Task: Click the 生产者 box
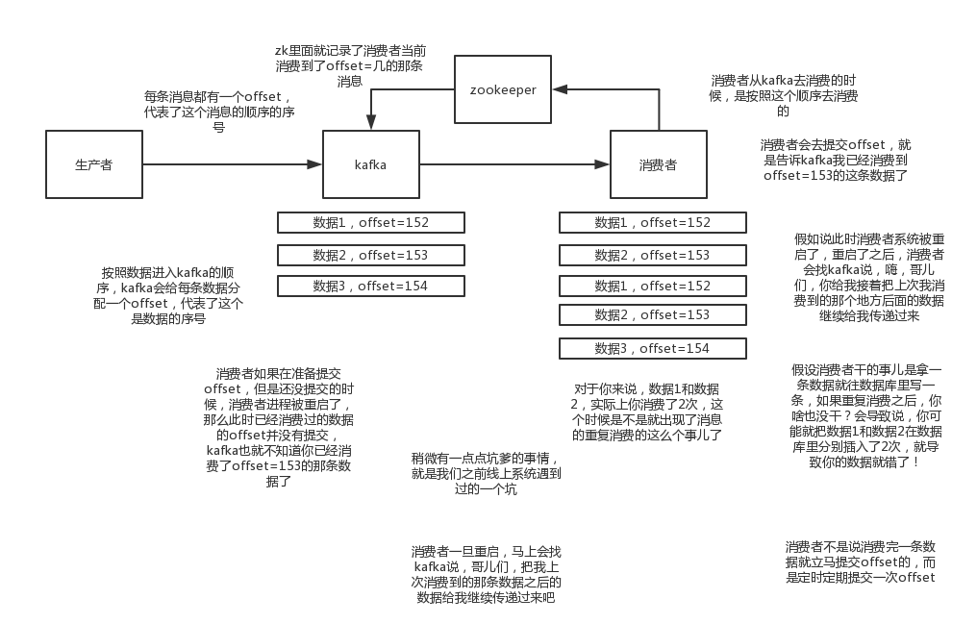pos(94,164)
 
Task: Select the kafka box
pos(371,164)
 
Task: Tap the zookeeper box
pos(503,89)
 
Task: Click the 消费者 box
pos(659,164)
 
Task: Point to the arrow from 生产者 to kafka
pos(233,164)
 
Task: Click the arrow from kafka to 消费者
pos(514,164)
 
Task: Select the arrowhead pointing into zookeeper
pos(560,89)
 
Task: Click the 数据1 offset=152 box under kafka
pos(371,223)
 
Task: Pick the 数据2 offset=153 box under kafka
pos(371,256)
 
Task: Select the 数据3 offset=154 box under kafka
pos(371,287)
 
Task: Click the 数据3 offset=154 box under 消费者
pos(652,349)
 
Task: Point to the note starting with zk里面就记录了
pos(350,66)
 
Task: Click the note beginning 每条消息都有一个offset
pos(219,112)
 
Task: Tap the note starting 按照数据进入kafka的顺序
pos(168,296)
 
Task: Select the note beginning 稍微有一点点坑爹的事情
pos(486,474)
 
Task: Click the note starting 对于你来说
pos(647,412)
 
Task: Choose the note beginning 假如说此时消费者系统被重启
pos(869,278)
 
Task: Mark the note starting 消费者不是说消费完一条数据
pos(861,562)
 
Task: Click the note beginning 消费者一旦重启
pos(486,575)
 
